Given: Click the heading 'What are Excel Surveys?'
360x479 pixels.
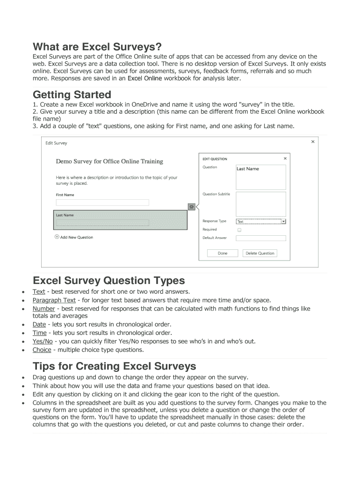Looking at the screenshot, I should (x=97, y=47).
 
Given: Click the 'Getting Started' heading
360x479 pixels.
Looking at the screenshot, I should (x=72, y=94).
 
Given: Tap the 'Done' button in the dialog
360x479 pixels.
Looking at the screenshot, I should (x=223, y=253).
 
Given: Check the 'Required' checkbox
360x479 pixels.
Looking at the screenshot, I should (x=239, y=230).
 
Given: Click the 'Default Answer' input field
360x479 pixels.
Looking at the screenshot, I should (x=260, y=238).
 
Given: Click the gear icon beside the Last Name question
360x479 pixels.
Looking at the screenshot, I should (x=191, y=206).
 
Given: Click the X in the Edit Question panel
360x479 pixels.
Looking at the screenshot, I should (x=285, y=159).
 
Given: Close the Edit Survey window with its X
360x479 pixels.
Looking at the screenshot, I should (x=313, y=142).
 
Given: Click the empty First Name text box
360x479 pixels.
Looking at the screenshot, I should (x=102, y=203).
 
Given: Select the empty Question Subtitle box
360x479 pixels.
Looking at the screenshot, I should (x=260, y=203).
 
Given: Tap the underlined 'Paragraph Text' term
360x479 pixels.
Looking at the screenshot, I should (x=54, y=300).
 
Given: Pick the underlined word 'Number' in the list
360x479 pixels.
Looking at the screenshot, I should (x=43, y=309).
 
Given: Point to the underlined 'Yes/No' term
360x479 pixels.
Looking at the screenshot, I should (x=43, y=341).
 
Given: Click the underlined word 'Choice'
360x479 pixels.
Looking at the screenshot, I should (x=42, y=349).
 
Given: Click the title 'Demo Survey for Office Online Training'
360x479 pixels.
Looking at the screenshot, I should (x=109, y=161).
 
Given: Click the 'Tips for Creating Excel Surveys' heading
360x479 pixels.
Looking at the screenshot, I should (x=114, y=366).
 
